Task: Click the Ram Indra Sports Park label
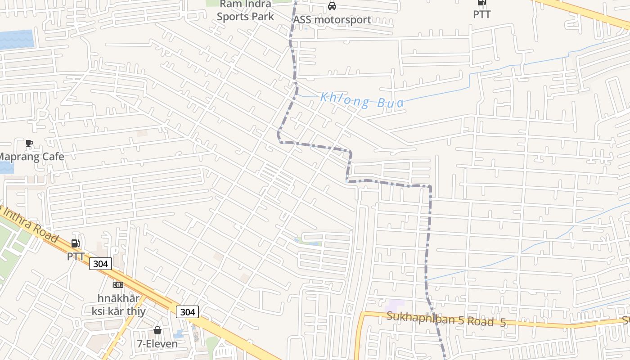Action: (x=245, y=10)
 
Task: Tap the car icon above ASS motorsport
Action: (x=332, y=6)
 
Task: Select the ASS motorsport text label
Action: (x=332, y=20)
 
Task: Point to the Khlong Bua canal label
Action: (x=362, y=100)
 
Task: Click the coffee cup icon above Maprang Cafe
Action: (x=29, y=144)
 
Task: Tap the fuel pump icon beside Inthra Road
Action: (x=76, y=243)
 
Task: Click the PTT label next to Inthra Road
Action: (x=76, y=256)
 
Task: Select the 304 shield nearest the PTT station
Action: (x=100, y=264)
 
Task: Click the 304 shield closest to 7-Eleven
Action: (x=187, y=312)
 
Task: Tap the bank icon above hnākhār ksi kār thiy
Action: (x=118, y=284)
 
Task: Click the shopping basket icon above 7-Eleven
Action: (x=157, y=331)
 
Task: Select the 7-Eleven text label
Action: (x=157, y=344)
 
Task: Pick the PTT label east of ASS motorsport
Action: (x=481, y=14)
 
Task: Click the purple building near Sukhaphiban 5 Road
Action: (x=396, y=305)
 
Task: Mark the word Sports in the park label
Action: (x=233, y=17)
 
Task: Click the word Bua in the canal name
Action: (x=390, y=103)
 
